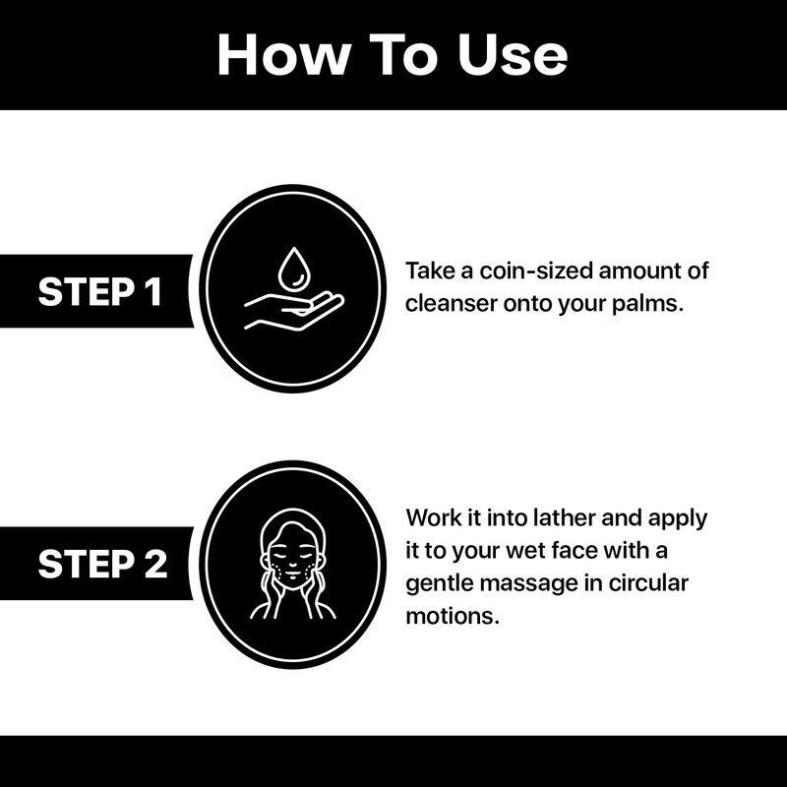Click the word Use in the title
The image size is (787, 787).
tap(513, 55)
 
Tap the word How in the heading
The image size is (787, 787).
tap(283, 55)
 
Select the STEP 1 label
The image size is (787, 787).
tap(100, 291)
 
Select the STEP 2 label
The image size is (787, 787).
tap(102, 564)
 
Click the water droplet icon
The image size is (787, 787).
tap(292, 269)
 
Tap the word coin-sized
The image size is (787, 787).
tap(535, 272)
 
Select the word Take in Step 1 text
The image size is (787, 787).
tap(430, 272)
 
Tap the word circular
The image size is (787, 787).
tap(648, 582)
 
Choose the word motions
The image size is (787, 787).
tap(453, 616)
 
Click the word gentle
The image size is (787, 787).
tap(439, 584)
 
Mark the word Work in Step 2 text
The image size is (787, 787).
tap(434, 517)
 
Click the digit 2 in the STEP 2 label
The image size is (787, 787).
tap(156, 564)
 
